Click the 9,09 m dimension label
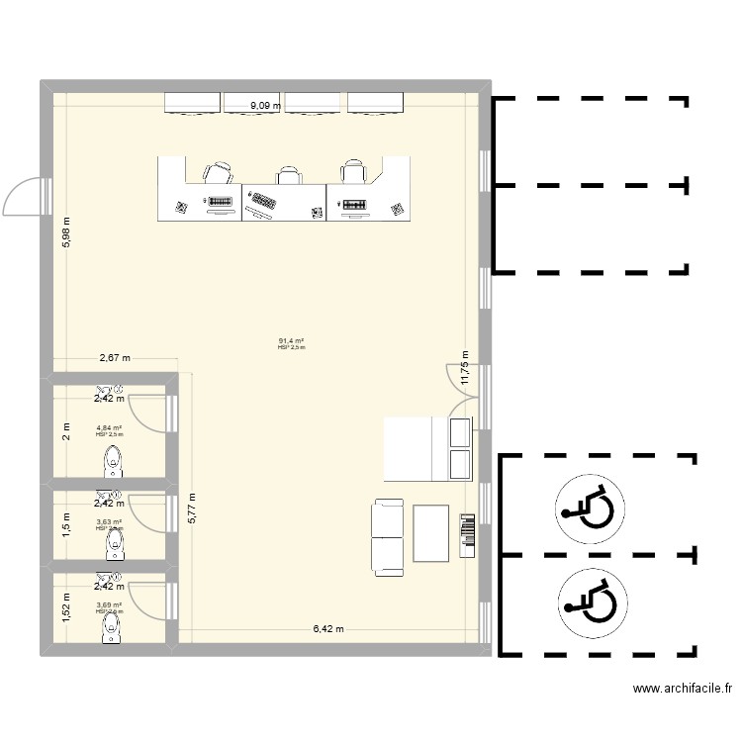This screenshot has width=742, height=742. (265, 104)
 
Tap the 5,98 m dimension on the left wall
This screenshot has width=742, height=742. (66, 232)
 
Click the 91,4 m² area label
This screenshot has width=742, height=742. (292, 341)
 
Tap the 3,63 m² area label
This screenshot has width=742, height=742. (109, 522)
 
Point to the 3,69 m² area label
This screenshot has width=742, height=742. (109, 605)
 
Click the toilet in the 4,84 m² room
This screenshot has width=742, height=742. (113, 461)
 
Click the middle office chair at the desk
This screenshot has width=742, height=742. (288, 176)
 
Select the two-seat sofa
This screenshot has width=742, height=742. (387, 536)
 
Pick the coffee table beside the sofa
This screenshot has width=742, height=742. (431, 535)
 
